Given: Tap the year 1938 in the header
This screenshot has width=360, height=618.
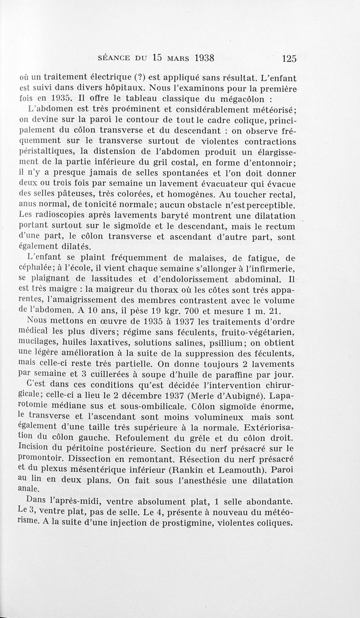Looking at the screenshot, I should pyautogui.click(x=198, y=58).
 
